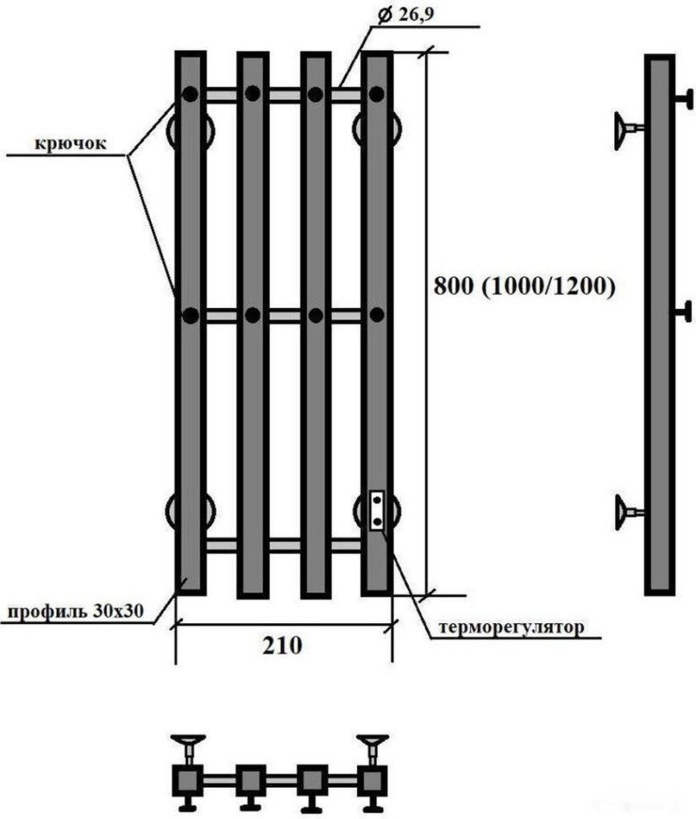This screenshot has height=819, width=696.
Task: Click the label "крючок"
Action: coord(71,143)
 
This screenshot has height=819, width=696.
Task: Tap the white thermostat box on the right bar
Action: coord(376,511)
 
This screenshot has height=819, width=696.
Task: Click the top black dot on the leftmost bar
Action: coord(192,95)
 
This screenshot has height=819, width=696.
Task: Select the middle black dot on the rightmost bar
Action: coord(376,315)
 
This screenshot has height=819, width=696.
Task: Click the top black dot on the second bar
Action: coord(252,95)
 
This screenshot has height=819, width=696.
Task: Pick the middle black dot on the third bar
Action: coord(316,315)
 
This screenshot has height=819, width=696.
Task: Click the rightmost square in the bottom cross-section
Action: coord(372,780)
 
